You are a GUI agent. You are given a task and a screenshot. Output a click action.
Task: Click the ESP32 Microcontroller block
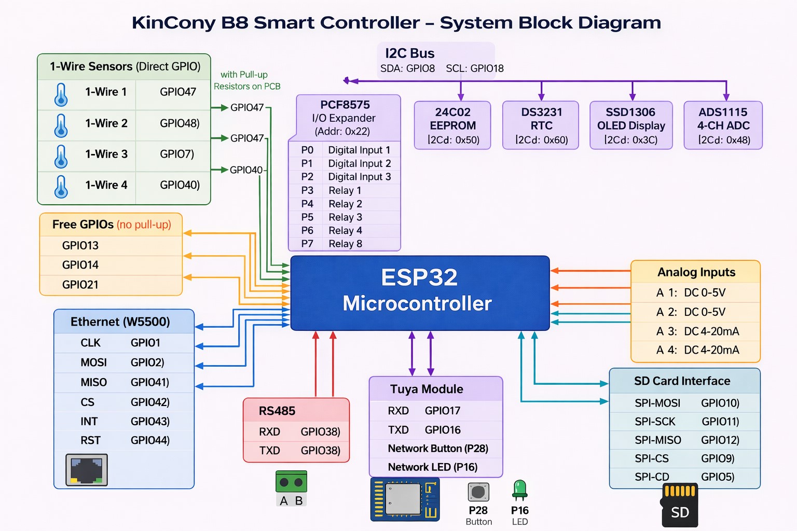coord(419,292)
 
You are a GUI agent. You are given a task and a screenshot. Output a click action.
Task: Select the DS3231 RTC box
coord(541,125)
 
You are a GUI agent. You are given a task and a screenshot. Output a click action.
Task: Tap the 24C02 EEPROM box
coord(452,125)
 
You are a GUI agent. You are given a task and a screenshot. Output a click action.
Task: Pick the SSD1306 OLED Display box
coord(631,125)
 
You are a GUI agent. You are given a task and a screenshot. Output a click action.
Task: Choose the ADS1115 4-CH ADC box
coord(723,125)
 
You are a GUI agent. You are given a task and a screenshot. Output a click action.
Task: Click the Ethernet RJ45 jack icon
coord(87,470)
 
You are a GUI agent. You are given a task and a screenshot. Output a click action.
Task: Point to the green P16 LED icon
coord(519,490)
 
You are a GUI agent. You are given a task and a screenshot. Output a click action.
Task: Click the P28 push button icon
coord(478,492)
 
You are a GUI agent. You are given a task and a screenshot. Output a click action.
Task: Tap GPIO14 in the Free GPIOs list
coord(80,265)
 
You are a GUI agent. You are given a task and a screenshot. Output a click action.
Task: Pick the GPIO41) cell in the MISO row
coord(150,382)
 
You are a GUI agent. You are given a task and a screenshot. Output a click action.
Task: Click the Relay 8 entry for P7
coord(345,244)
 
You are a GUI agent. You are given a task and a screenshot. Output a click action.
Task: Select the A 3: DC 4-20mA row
coord(697,331)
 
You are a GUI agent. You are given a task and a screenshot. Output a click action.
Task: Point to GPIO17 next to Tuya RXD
coord(442,411)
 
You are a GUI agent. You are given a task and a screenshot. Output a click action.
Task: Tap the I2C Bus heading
coord(409,53)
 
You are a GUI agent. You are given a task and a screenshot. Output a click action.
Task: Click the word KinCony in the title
coord(173,23)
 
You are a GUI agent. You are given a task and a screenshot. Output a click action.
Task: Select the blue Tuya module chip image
coord(405,499)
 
